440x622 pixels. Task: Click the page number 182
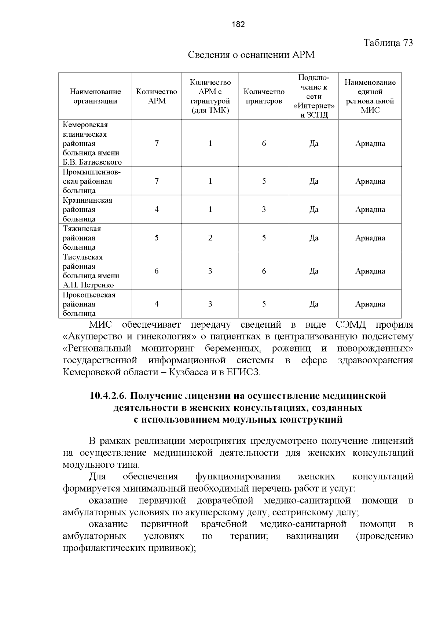point(238,25)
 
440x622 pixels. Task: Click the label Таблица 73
point(388,43)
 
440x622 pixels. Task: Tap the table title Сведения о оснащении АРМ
point(251,55)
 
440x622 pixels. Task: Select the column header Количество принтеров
point(264,96)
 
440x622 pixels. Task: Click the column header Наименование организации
point(95,96)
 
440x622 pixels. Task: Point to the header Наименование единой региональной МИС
point(370,96)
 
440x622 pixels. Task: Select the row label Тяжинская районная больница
point(81,238)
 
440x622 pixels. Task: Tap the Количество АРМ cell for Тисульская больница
point(157,271)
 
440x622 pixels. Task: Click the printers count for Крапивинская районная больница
point(264,210)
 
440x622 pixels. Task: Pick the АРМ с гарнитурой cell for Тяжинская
point(210,238)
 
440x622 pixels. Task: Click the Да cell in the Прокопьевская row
point(314,304)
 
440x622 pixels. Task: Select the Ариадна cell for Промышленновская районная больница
point(370,181)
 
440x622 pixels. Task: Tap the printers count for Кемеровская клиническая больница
point(264,144)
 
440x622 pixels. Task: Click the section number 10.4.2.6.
point(108,396)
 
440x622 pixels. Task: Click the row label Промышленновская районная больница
point(91,181)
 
